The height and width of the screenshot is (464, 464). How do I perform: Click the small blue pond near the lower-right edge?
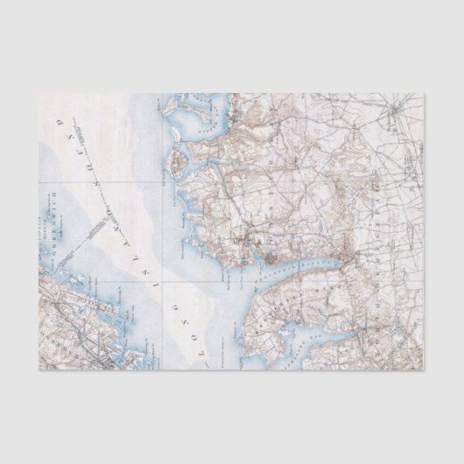[385, 346]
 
